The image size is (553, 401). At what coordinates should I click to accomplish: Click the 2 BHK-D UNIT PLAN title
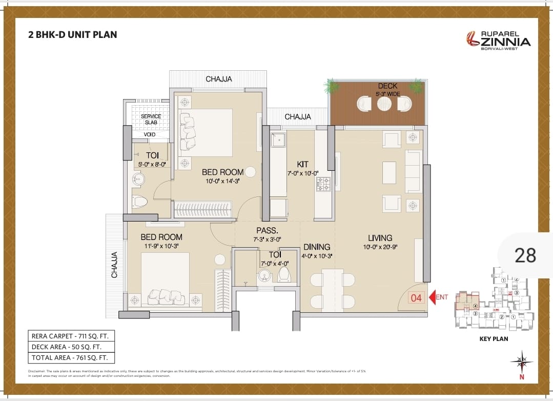[x=72, y=35]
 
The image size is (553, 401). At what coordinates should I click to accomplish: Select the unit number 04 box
[x=416, y=297]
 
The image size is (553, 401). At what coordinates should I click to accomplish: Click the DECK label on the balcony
[x=387, y=86]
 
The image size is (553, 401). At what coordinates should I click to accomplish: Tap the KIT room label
[x=302, y=164]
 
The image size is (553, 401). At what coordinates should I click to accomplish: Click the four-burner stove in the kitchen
[x=323, y=184]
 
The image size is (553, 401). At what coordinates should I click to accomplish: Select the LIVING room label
[x=380, y=238]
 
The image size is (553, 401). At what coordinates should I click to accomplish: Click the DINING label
[x=316, y=247]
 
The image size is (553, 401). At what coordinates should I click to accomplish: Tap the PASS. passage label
[x=267, y=231]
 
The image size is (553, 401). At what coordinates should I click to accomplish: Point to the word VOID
[x=150, y=134]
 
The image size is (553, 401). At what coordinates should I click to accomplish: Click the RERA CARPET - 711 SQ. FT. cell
[x=71, y=336]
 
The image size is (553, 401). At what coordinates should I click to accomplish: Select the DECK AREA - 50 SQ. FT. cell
[x=71, y=347]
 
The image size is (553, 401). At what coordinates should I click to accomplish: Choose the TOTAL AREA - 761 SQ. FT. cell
[x=71, y=358]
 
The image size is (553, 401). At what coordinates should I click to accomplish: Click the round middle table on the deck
[x=384, y=104]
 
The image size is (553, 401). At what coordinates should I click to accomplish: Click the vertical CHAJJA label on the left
[x=114, y=265]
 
